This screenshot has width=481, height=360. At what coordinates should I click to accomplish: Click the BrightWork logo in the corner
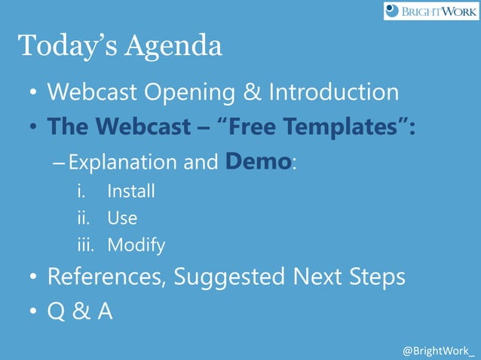tap(430, 11)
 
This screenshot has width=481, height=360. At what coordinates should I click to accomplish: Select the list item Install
tap(131, 191)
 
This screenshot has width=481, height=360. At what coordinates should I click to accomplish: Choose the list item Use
tap(122, 218)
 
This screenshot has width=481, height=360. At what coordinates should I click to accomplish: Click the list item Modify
tap(136, 246)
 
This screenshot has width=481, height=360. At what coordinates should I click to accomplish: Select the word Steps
tap(372, 278)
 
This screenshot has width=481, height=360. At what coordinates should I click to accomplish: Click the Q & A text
tap(80, 311)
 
